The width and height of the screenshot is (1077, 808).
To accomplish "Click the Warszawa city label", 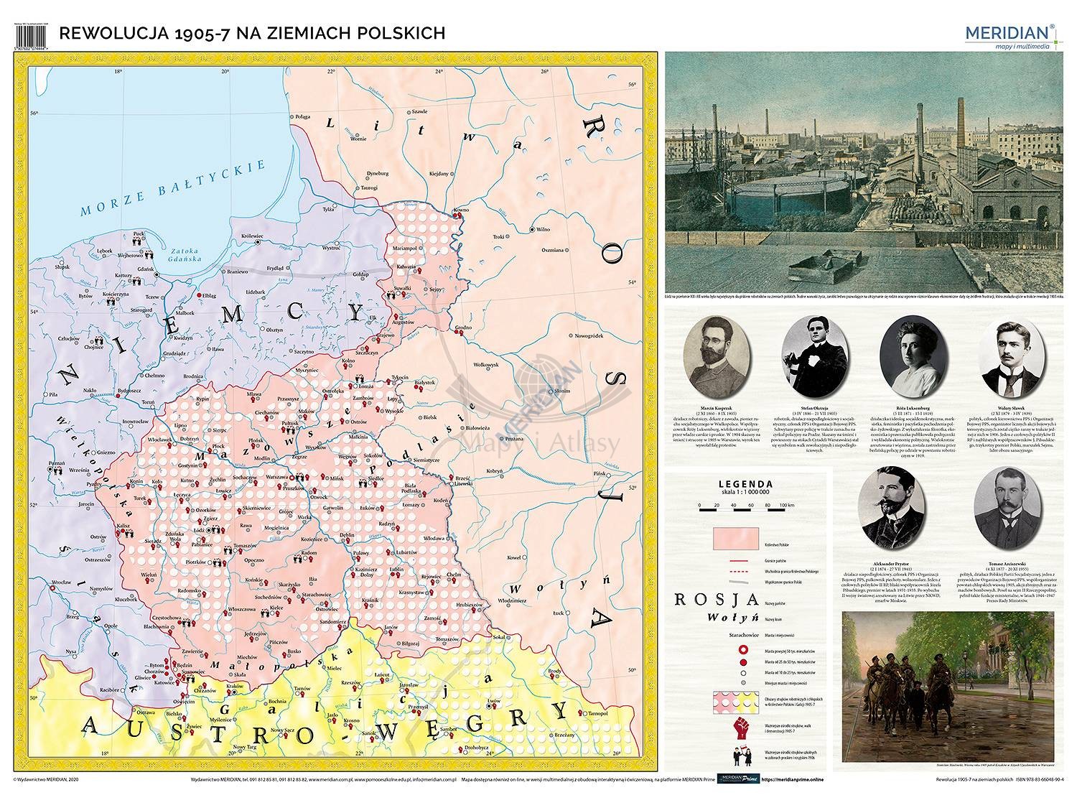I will (276, 476).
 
